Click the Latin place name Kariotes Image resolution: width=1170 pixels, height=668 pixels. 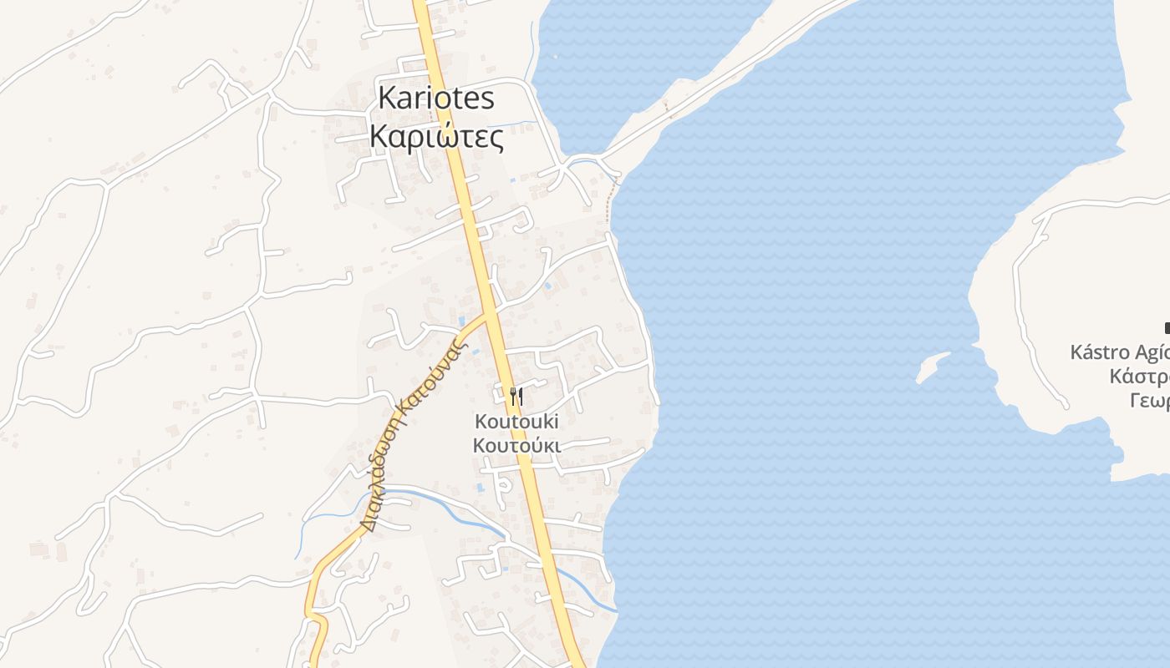[x=436, y=98]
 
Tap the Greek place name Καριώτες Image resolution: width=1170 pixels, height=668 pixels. [x=436, y=136]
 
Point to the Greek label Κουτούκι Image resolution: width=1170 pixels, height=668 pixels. [x=516, y=445]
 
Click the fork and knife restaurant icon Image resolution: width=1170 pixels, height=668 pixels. [x=516, y=397]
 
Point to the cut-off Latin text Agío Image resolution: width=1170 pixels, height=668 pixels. [x=1150, y=352]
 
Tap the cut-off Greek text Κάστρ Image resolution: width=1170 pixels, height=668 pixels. [x=1138, y=377]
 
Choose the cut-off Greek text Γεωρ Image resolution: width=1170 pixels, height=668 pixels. [x=1148, y=401]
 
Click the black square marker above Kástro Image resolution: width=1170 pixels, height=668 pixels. [x=1167, y=328]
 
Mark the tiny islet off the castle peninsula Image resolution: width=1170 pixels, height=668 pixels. [x=931, y=367]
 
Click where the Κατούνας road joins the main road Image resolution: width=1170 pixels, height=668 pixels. [x=487, y=315]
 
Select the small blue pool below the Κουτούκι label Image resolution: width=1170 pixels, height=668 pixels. [x=480, y=487]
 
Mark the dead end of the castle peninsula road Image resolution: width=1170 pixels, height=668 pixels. [x=1066, y=407]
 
